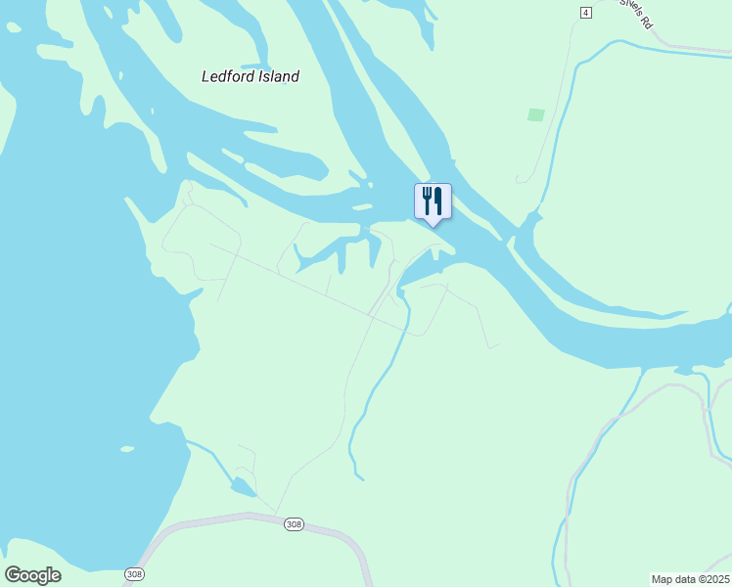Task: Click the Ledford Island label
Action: [250, 76]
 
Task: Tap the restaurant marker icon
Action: [433, 203]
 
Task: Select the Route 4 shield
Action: [585, 12]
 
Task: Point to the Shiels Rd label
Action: [634, 13]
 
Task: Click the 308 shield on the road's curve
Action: [294, 525]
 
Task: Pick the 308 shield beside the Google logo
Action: [134, 573]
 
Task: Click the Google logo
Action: [32, 575]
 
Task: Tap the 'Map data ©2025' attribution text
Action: [690, 578]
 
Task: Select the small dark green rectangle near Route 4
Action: [535, 114]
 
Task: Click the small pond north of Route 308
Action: [241, 487]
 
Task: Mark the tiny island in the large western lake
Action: [127, 449]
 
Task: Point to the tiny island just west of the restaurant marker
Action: [362, 207]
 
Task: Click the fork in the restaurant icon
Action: [427, 201]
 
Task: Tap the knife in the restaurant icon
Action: [438, 201]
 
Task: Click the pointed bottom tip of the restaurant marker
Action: [433, 225]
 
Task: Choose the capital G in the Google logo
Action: [13, 575]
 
